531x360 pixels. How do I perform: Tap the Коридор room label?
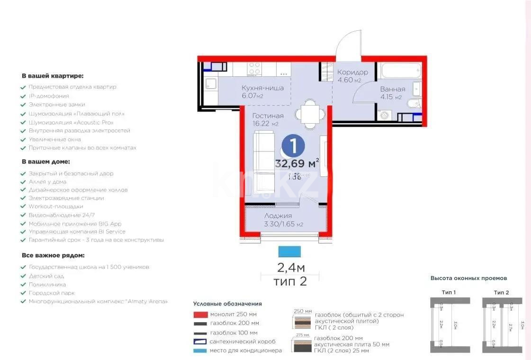pos(352,72)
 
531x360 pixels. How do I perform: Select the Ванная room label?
pos(393,89)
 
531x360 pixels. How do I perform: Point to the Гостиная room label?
pos(268,116)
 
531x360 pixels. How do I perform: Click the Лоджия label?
pos(278,216)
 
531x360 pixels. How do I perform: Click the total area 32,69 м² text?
pos(297,164)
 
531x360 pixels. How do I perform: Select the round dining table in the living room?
pos(310,114)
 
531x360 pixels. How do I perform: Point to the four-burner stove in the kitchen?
pos(254,69)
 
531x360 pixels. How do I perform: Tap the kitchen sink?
pos(211,85)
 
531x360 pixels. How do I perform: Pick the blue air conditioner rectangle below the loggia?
pos(290,252)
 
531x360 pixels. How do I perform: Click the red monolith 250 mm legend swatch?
pos(200,314)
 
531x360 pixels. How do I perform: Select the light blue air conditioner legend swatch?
pos(200,351)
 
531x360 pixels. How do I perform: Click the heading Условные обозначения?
pos(227,304)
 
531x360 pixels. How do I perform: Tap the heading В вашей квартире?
pos(52,75)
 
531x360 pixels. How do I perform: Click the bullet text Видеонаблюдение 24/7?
pos(55,215)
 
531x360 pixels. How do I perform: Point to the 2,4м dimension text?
pos(290,268)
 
